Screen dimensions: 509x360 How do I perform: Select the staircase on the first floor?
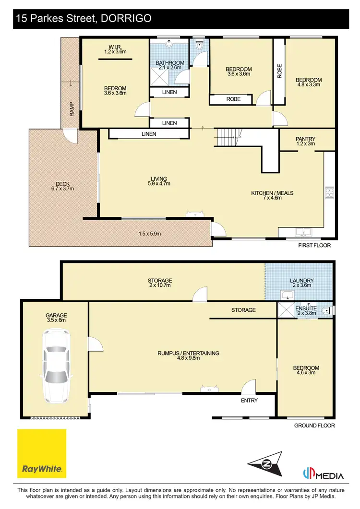coord(227,138)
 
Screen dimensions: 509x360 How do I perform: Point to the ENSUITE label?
coord(306,308)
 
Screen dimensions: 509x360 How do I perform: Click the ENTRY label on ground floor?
coord(250,400)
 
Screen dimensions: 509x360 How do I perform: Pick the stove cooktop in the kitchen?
coord(330,192)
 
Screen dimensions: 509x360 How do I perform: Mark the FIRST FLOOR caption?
coord(315,245)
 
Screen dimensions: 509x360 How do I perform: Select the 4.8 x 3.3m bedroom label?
coord(308,82)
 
